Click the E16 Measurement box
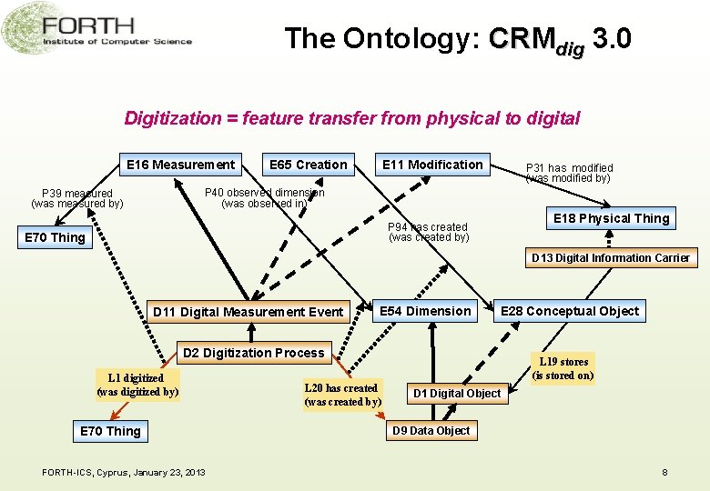pos(181,165)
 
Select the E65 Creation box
pos(309,165)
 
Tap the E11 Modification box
pos(432,165)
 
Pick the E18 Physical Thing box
pos(612,218)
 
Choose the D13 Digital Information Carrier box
pos(611,258)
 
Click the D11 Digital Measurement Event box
pos(248,312)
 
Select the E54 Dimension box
pos(425,311)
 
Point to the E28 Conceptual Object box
pos(570,311)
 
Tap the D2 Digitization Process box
pos(254,353)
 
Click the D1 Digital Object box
pos(457,394)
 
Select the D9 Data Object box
pos(431,431)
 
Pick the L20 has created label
pos(342,395)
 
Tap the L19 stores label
pos(563,368)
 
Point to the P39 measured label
pos(77,198)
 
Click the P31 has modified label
pos(568,173)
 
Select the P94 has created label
pos(429,232)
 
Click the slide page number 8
pos(665,472)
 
